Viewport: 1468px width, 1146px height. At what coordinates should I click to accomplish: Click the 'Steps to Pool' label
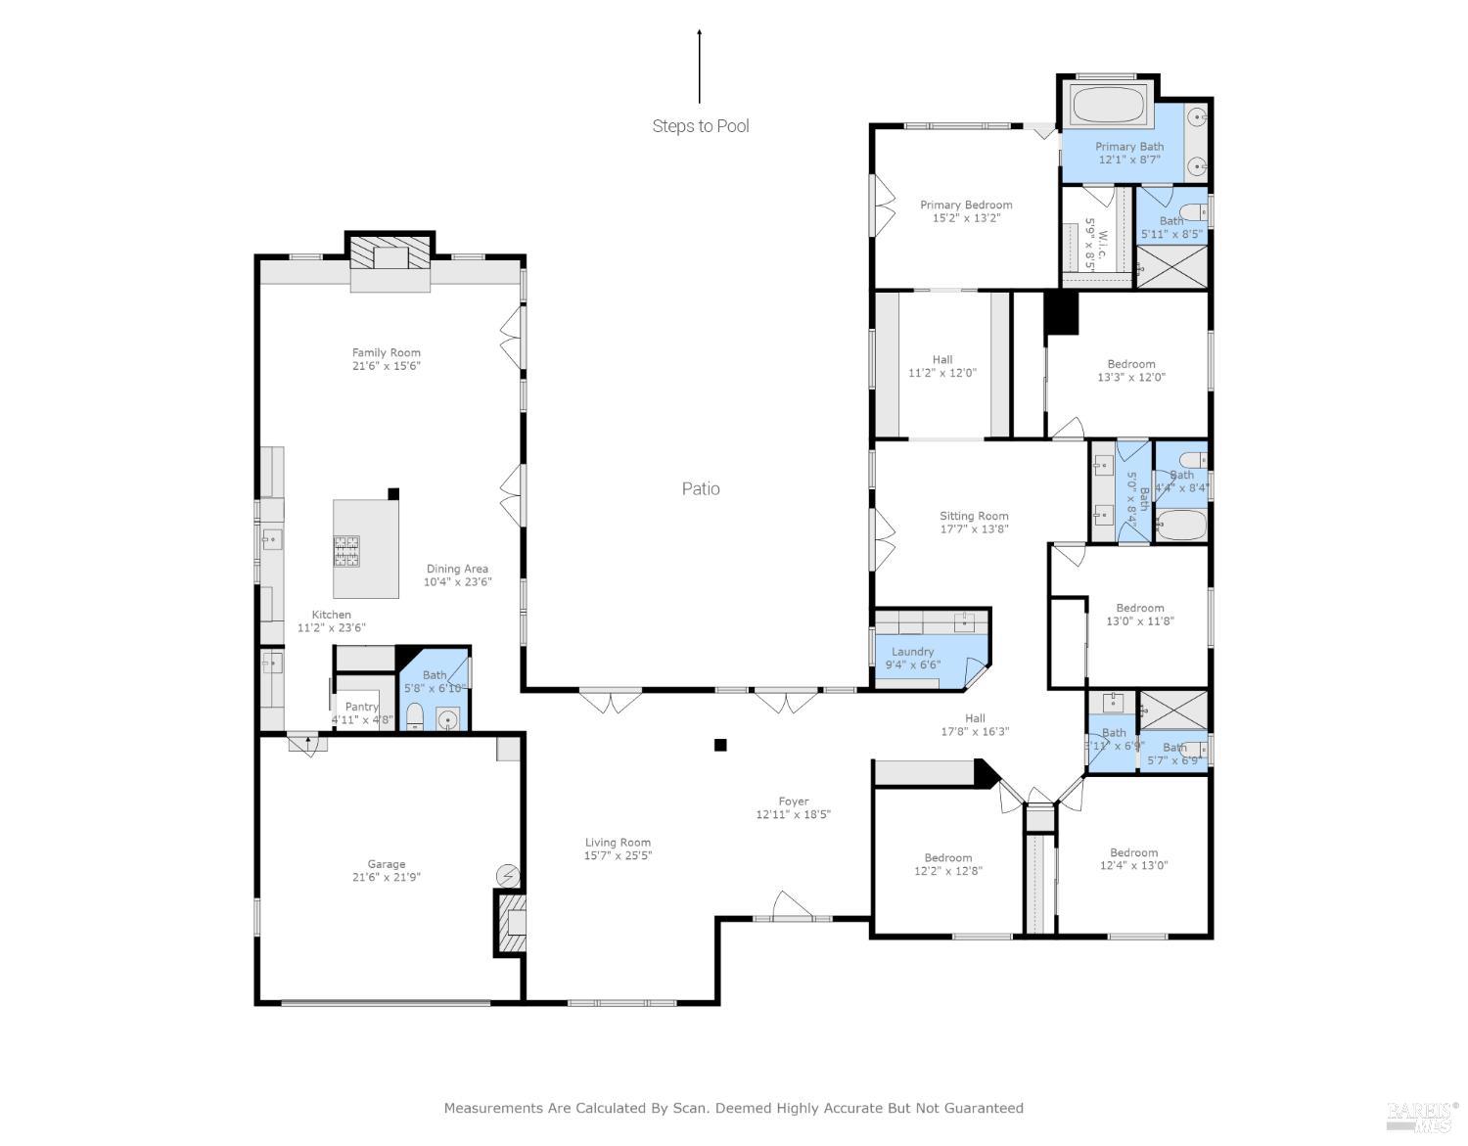(x=701, y=126)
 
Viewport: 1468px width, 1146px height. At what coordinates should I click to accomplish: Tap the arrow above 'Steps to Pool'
(x=699, y=66)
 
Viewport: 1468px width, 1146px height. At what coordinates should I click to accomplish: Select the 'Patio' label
(x=701, y=488)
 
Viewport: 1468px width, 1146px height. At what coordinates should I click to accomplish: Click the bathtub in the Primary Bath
(x=1109, y=105)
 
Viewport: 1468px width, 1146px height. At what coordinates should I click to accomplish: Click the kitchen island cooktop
(x=346, y=552)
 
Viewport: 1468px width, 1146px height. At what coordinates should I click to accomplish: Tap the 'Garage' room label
(x=387, y=864)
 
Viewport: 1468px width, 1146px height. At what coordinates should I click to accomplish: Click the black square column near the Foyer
(x=720, y=745)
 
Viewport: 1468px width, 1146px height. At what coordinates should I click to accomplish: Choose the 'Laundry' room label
(x=912, y=652)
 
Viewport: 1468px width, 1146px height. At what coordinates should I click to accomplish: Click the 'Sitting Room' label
(x=974, y=516)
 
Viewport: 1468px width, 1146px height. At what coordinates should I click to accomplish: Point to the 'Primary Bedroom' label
(x=966, y=205)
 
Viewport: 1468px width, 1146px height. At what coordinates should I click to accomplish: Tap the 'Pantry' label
(x=361, y=707)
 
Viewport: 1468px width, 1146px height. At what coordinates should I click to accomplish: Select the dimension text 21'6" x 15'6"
(x=387, y=366)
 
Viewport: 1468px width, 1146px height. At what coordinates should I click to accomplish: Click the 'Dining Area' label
(x=457, y=569)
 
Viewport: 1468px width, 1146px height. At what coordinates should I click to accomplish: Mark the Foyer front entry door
(x=793, y=908)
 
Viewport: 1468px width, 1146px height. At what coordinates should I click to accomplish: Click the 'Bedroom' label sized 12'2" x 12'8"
(x=947, y=857)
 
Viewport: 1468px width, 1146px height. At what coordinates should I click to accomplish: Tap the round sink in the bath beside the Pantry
(x=448, y=721)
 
